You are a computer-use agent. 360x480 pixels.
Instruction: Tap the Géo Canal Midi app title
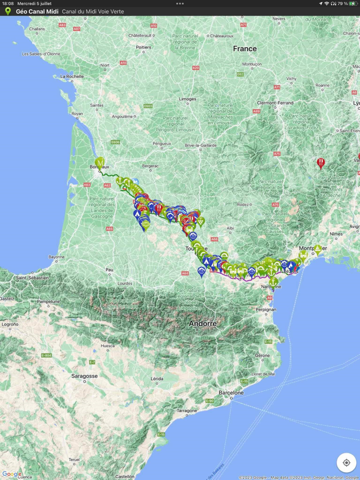click(37, 11)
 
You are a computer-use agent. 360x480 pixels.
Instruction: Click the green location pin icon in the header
click(8, 11)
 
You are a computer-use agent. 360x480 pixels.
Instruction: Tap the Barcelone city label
click(231, 392)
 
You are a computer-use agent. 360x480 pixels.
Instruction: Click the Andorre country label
click(203, 324)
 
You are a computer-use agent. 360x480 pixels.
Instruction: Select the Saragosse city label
click(85, 376)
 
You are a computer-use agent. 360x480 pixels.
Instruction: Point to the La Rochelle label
click(71, 77)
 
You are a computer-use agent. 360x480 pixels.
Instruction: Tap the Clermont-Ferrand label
click(275, 103)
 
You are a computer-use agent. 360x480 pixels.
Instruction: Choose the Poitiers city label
click(143, 47)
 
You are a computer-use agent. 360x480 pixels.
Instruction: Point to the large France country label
click(244, 49)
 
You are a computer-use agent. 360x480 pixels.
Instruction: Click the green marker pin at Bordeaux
click(99, 163)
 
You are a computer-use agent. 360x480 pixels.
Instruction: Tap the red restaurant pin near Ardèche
click(321, 163)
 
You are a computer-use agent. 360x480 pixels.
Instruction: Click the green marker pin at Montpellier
click(318, 250)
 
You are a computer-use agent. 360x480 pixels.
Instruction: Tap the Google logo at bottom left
click(11, 474)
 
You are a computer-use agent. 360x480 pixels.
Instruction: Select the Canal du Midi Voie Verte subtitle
click(93, 11)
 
